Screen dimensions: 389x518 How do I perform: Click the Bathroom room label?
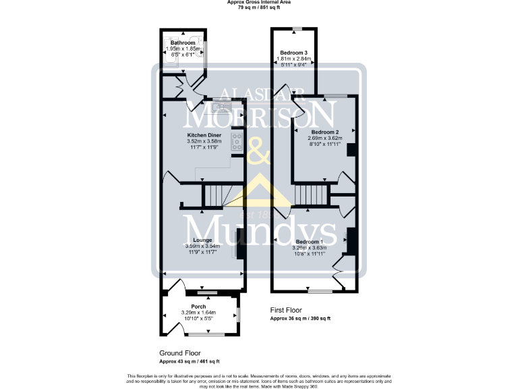pyautogui.click(x=183, y=43)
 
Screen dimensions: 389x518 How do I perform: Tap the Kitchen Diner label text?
pyautogui.click(x=204, y=135)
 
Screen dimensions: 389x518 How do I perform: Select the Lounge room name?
pyautogui.click(x=202, y=240)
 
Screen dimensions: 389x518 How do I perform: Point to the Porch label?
pyautogui.click(x=198, y=307)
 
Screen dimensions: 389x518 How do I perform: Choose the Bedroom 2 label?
pyautogui.click(x=324, y=132)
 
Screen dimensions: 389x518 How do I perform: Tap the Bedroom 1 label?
pyautogui.click(x=309, y=242)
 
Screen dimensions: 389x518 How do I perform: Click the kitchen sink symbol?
pyautogui.click(x=221, y=107)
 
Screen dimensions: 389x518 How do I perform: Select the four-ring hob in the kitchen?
pyautogui.click(x=237, y=142)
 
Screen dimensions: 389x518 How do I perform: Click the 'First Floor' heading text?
pyautogui.click(x=285, y=310)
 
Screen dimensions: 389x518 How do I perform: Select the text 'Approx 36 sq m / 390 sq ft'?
pyautogui.click(x=301, y=318)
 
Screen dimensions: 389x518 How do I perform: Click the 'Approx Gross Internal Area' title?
pyautogui.click(x=260, y=3)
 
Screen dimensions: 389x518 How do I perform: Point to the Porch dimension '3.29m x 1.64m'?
pyautogui.click(x=198, y=313)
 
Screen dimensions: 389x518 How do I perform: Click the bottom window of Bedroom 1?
pyautogui.click(x=320, y=292)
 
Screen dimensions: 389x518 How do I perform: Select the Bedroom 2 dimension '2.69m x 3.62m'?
pyautogui.click(x=324, y=138)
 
